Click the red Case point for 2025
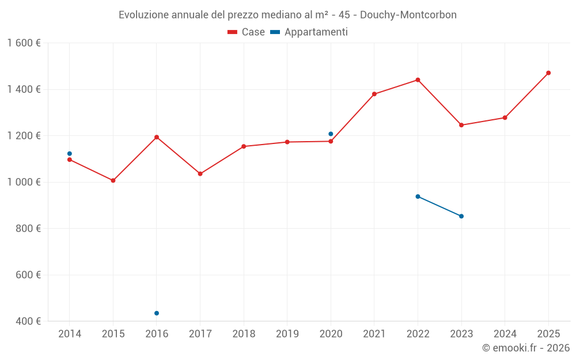coord(548,73)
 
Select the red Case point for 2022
coord(418,80)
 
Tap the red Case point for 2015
coord(113,180)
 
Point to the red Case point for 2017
coord(200,173)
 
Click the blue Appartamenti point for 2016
coord(157,313)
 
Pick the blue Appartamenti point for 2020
coord(331,134)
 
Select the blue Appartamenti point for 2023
coord(461,216)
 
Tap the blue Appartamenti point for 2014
coord(70,154)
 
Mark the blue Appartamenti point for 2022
coord(418,196)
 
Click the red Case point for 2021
coord(374,94)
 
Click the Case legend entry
coord(246,32)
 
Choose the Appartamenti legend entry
coord(309,32)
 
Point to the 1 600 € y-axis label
coord(24,43)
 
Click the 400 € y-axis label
coord(29,321)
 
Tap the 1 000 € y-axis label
coord(24,182)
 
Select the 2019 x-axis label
coord(287,334)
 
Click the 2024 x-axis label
coord(505,334)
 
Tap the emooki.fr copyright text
coord(525,348)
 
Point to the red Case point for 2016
coord(157,137)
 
